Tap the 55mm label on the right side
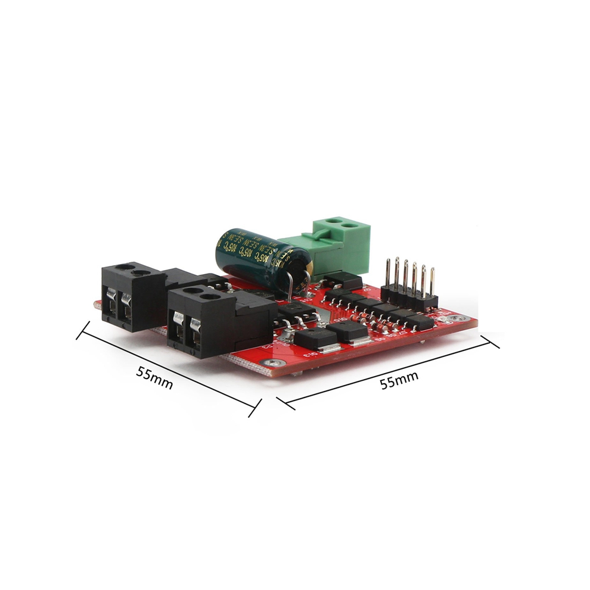point(399,380)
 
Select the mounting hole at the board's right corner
point(457,318)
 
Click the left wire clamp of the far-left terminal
point(110,301)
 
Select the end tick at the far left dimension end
point(83,330)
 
